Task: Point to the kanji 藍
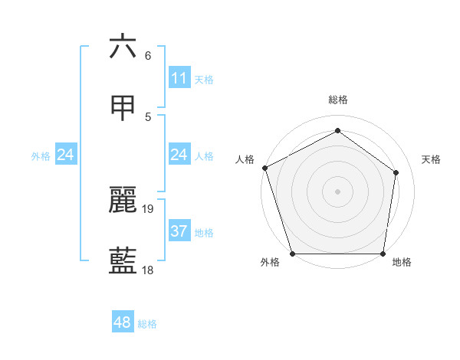tap(123, 261)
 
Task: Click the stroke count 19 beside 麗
tap(149, 208)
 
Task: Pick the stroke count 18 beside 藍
tap(149, 270)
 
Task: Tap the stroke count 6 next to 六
tap(148, 55)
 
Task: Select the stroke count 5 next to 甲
tap(148, 116)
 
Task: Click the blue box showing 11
tap(179, 77)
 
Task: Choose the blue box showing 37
tap(179, 231)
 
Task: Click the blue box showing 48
tap(122, 322)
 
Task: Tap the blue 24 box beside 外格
tap(66, 155)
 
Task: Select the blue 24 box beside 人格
tap(179, 155)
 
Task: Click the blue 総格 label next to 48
tap(147, 324)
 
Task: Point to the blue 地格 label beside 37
tap(204, 232)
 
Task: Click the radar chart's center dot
tap(337, 191)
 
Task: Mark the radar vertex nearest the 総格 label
tap(337, 131)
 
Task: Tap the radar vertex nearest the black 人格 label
tap(264, 168)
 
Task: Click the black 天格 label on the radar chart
tap(432, 159)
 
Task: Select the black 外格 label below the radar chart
tap(270, 262)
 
